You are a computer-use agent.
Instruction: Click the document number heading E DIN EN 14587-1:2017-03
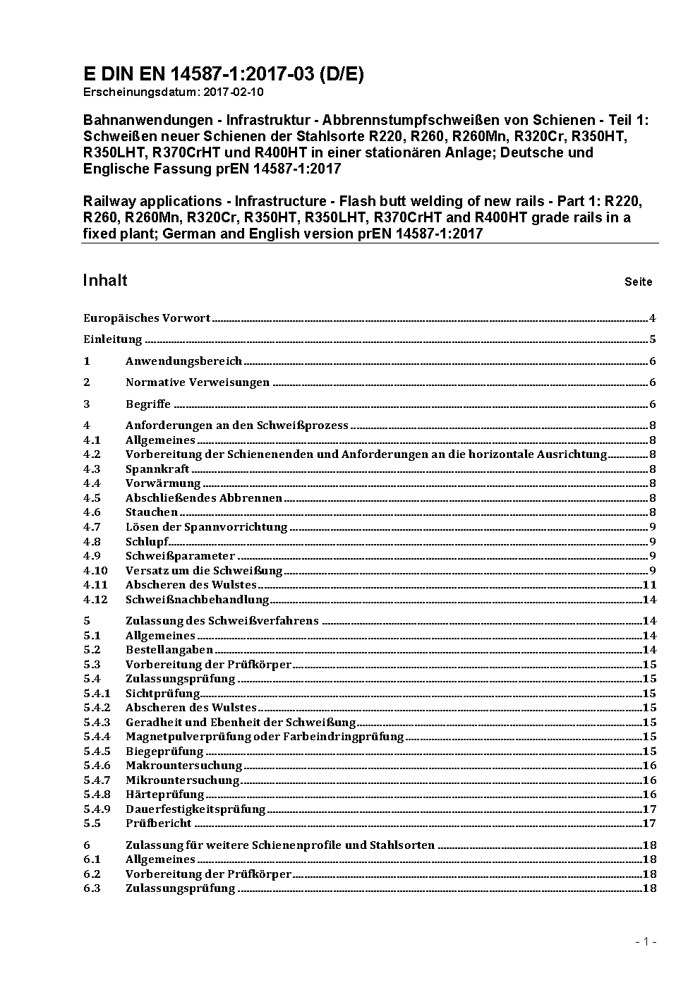tap(223, 74)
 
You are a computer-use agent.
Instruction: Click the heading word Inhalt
tap(105, 280)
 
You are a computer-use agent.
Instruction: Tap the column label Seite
tap(638, 282)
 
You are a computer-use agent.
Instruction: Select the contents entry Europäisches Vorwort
tap(147, 318)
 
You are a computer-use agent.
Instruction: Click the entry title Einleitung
tap(113, 339)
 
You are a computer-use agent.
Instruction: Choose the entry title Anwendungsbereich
tap(183, 361)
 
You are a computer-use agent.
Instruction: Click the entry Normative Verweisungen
tap(198, 382)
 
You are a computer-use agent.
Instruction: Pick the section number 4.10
tap(95, 570)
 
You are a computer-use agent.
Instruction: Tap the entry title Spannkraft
tap(157, 469)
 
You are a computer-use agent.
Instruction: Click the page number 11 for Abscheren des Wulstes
tap(649, 585)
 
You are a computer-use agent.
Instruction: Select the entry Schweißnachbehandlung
tap(198, 600)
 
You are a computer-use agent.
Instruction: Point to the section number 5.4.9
tap(97, 809)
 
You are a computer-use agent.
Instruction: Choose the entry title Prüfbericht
tap(158, 823)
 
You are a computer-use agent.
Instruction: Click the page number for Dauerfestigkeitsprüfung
tap(649, 809)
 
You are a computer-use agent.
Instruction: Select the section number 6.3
tap(92, 888)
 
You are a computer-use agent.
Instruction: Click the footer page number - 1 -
tap(646, 942)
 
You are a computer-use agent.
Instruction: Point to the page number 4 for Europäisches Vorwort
tap(653, 318)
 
